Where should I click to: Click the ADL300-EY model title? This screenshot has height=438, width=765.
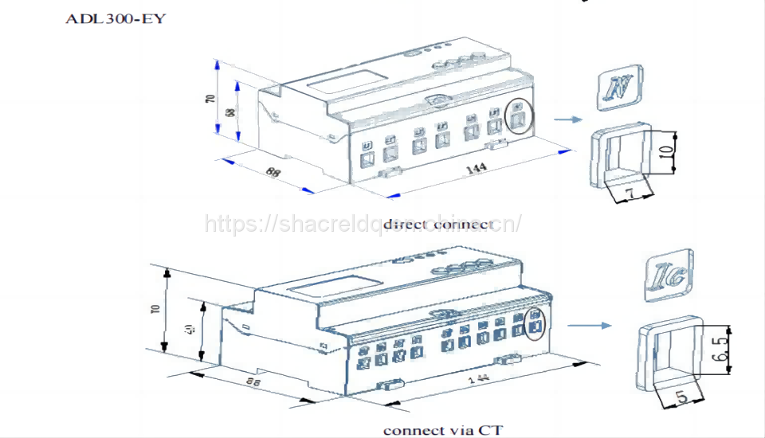[x=116, y=18]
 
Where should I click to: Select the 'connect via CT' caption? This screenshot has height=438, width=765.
[x=443, y=430]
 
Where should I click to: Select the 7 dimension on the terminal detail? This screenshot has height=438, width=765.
[x=630, y=192]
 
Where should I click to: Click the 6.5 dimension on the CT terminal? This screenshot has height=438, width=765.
[x=722, y=350]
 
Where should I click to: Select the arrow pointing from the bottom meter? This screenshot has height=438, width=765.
[x=588, y=325]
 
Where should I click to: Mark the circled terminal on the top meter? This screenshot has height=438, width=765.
[x=519, y=117]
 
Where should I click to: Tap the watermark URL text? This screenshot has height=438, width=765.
[x=363, y=224]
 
